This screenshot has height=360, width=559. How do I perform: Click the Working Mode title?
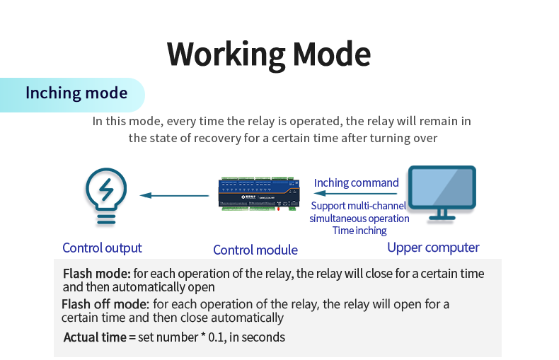tap(269, 54)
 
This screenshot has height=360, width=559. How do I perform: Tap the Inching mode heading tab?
tap(76, 93)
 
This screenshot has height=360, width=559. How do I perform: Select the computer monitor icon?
tap(442, 193)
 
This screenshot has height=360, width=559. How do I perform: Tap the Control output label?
tap(102, 248)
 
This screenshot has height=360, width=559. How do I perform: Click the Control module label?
tap(255, 250)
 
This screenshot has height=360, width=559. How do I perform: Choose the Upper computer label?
tap(433, 248)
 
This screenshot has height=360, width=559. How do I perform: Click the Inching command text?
tap(356, 182)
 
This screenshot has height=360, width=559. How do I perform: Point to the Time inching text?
tap(359, 230)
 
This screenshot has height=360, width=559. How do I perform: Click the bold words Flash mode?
tap(96, 273)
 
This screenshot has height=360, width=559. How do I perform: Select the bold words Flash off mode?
tap(105, 304)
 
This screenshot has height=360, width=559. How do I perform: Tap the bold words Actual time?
tap(94, 337)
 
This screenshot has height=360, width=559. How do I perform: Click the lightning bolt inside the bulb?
tap(106, 190)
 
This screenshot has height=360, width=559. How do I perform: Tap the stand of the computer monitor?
tap(442, 214)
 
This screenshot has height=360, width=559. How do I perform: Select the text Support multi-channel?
tap(359, 206)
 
